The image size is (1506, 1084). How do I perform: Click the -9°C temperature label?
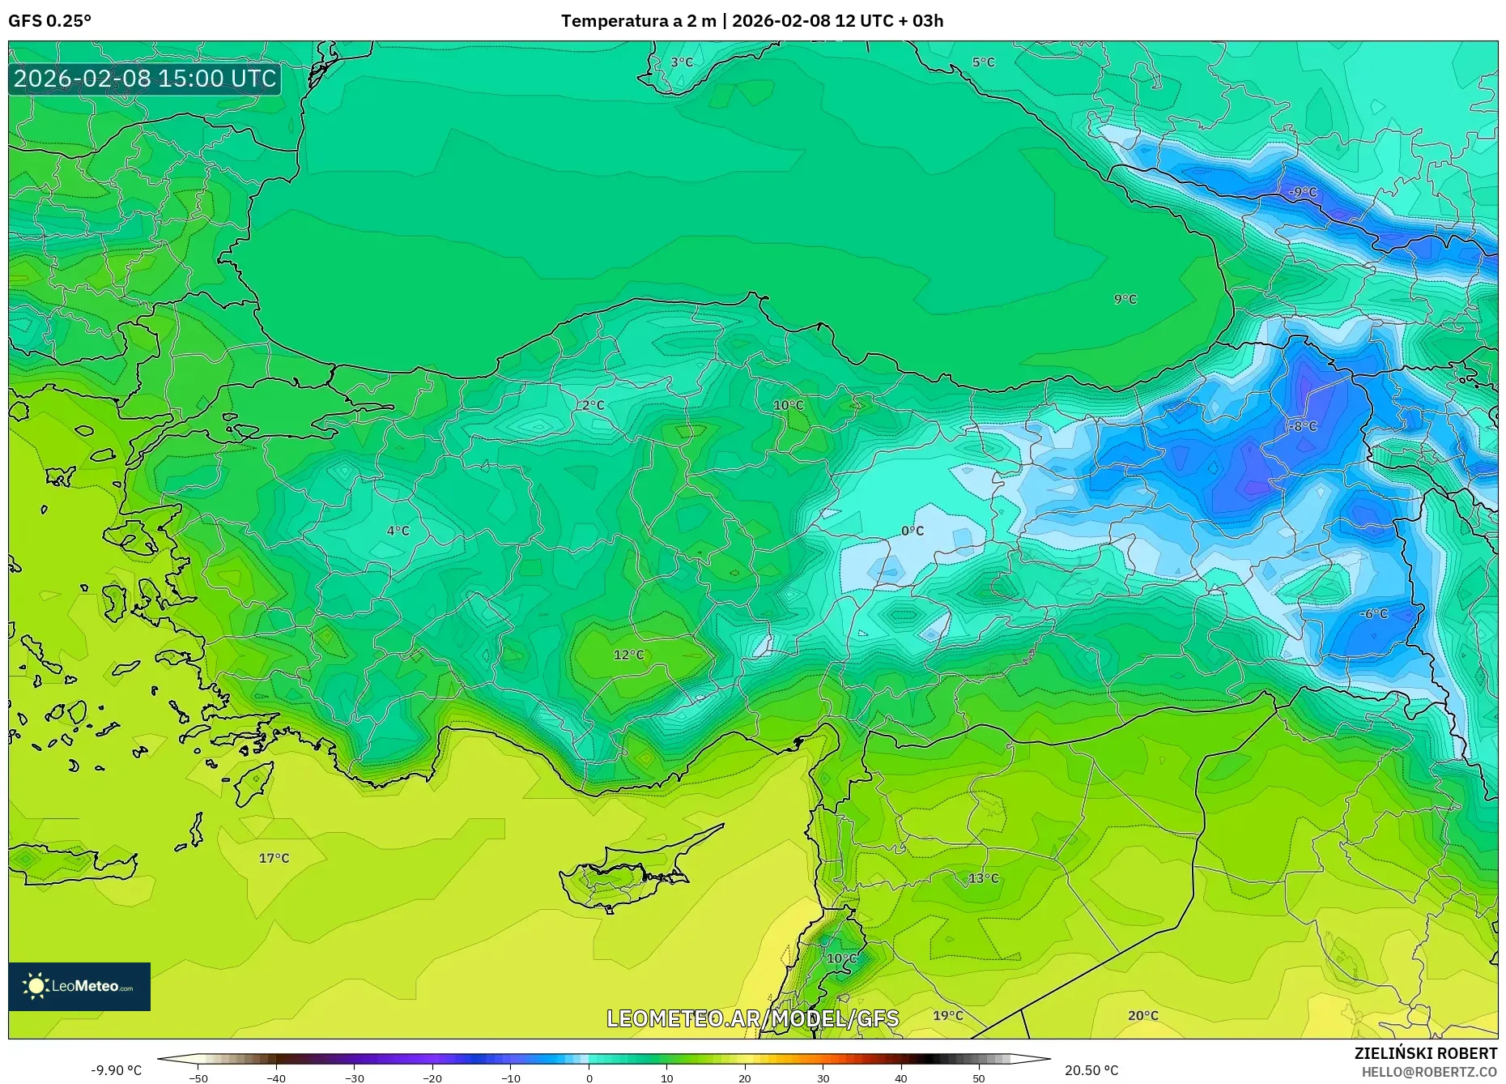pos(1303,192)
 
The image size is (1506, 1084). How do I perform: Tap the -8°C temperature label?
pos(1304,426)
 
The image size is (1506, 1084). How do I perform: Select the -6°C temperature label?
pos(1373,614)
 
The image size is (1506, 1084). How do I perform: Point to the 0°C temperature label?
pos(913,531)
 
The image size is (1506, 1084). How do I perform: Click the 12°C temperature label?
pos(628,655)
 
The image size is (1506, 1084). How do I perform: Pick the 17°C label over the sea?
pos(274,858)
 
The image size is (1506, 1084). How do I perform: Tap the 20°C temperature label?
pos(1142,1015)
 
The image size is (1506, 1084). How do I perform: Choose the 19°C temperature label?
pos(948,1015)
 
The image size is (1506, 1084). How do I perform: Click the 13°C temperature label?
pos(984,878)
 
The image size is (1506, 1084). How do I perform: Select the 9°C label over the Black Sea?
pos(1125,299)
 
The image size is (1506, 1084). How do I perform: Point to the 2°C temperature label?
pos(593,405)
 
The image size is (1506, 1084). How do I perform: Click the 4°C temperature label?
pos(398,531)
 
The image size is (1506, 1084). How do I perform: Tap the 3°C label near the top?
pos(682,62)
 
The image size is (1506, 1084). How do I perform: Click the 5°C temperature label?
pos(983,62)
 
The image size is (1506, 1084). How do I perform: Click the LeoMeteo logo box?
pos(79,986)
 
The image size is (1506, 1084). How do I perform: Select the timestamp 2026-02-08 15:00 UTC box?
pos(145,79)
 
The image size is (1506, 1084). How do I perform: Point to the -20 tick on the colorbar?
pos(432,1078)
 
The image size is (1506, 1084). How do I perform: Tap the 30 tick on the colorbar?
pos(823,1078)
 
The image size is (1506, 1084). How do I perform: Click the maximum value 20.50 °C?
pos(1091,1070)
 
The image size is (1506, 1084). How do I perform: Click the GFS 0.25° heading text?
pos(49,21)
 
